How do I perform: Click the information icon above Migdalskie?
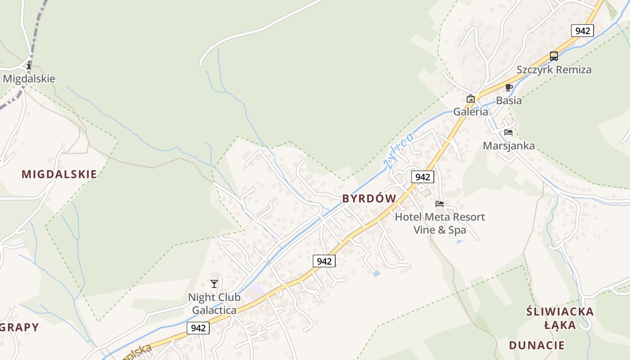coord(29,65)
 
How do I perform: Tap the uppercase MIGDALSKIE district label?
coord(59,174)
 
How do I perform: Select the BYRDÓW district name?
coord(369,198)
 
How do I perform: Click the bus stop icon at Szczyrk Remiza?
coord(554,56)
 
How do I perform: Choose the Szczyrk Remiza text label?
coord(554,70)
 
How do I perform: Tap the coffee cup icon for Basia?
coord(509,87)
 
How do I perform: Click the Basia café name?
coord(509,100)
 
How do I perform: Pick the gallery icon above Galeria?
coord(471,99)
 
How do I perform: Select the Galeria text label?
coord(471,112)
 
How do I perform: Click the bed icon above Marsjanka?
coord(508,132)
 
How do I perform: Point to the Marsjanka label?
coord(508,146)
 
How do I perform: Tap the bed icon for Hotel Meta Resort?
coord(440,204)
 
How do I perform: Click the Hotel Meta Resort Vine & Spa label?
coord(440,223)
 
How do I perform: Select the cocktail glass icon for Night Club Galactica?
coord(214,283)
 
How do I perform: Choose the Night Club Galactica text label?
coord(214,304)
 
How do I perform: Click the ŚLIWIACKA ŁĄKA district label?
coord(560,318)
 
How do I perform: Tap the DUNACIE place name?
coord(536,346)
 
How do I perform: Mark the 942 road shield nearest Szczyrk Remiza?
coord(582,31)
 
